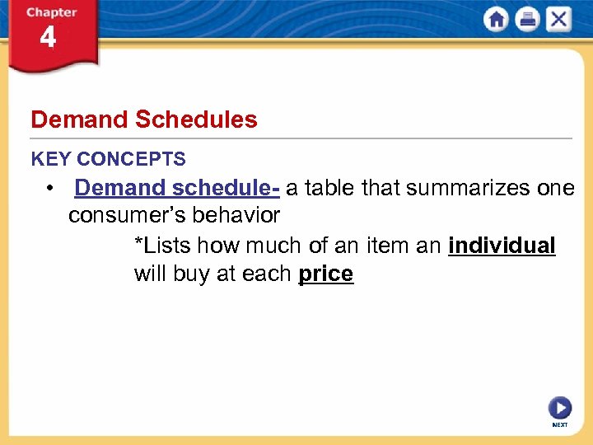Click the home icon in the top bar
pyautogui.click(x=497, y=20)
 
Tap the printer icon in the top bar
pyautogui.click(x=527, y=20)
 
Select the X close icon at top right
pyautogui.click(x=558, y=20)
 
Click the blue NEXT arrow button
pyautogui.click(x=559, y=408)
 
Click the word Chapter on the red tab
pyautogui.click(x=51, y=12)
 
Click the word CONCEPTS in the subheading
pyautogui.click(x=132, y=159)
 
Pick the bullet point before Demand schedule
pyautogui.click(x=52, y=189)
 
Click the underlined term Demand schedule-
pyautogui.click(x=177, y=188)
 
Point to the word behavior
pyautogui.click(x=240, y=216)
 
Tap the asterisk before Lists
pyautogui.click(x=138, y=244)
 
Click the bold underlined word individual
pyautogui.click(x=502, y=246)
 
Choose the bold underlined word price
pyautogui.click(x=325, y=274)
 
